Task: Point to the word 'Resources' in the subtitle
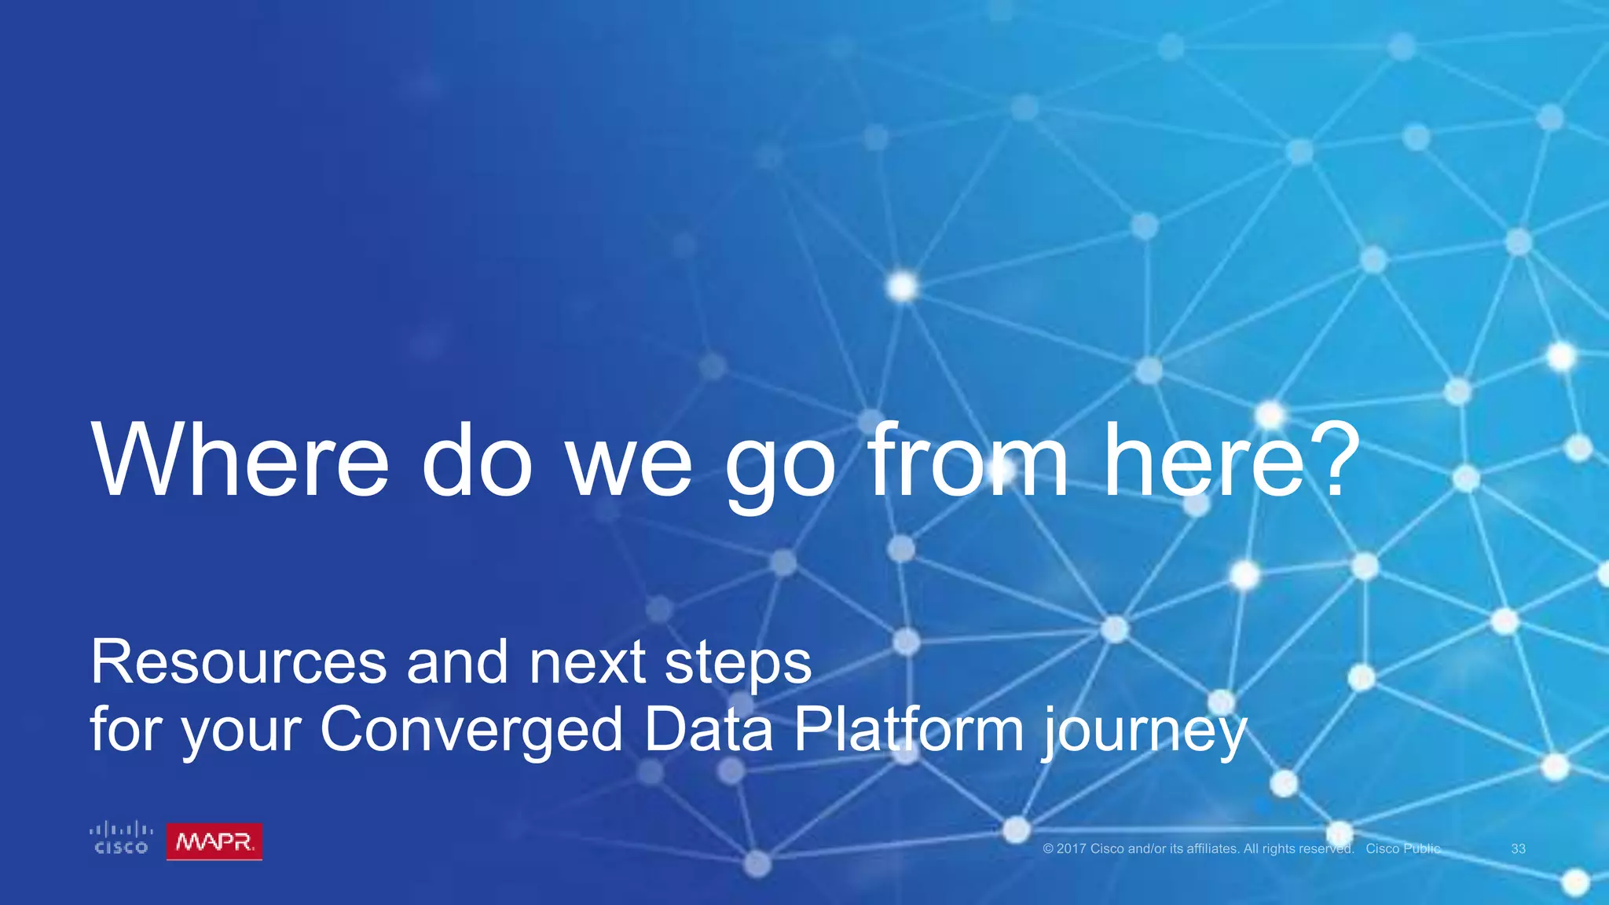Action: point(238,661)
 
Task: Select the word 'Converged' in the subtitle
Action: point(471,730)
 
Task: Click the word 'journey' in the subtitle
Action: point(1144,732)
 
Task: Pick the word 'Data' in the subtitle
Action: point(708,728)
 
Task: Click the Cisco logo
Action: point(121,838)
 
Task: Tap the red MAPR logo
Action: point(214,842)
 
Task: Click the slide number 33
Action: point(1518,848)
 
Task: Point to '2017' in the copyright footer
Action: point(1071,848)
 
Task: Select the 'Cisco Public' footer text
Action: point(1403,848)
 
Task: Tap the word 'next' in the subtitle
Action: point(587,663)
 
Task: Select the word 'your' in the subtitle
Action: point(241,732)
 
